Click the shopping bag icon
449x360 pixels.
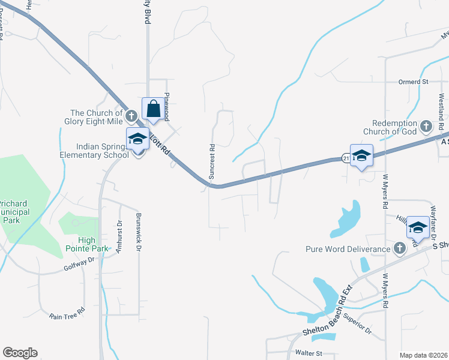point(154,110)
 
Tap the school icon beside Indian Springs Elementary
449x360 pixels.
point(137,139)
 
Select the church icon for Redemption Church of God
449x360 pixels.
point(426,126)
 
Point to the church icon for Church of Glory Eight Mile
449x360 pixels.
point(132,113)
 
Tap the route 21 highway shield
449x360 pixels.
point(346,158)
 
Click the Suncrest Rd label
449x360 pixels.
point(212,161)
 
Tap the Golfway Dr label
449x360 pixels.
point(80,264)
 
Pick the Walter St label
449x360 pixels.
point(309,353)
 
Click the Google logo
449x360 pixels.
point(20,353)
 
